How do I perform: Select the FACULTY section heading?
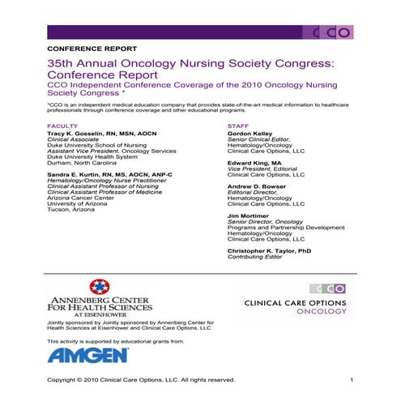click(x=62, y=126)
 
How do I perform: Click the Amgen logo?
click(x=87, y=355)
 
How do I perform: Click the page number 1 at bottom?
click(x=352, y=380)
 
